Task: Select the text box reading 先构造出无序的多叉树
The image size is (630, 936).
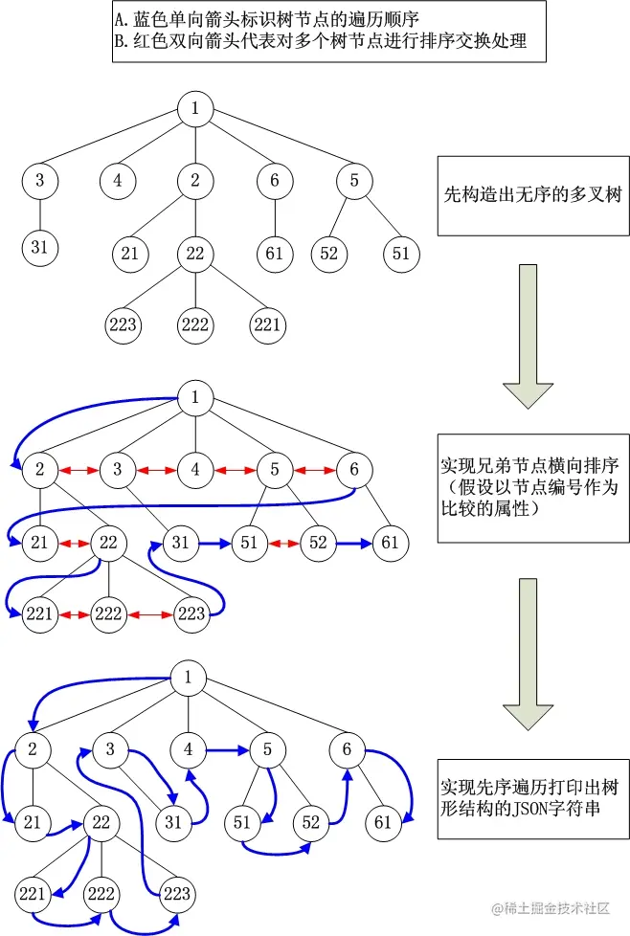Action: (531, 195)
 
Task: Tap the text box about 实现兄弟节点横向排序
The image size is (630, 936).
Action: (531, 487)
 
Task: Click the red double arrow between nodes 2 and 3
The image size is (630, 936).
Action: (78, 471)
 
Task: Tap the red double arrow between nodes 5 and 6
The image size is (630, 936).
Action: (314, 471)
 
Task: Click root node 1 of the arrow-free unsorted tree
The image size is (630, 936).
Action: (195, 109)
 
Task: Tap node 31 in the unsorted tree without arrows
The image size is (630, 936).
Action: (39, 248)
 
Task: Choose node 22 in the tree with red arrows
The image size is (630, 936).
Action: (108, 543)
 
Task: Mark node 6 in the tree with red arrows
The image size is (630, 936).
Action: (354, 470)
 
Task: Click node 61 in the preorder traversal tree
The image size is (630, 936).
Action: (382, 822)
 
